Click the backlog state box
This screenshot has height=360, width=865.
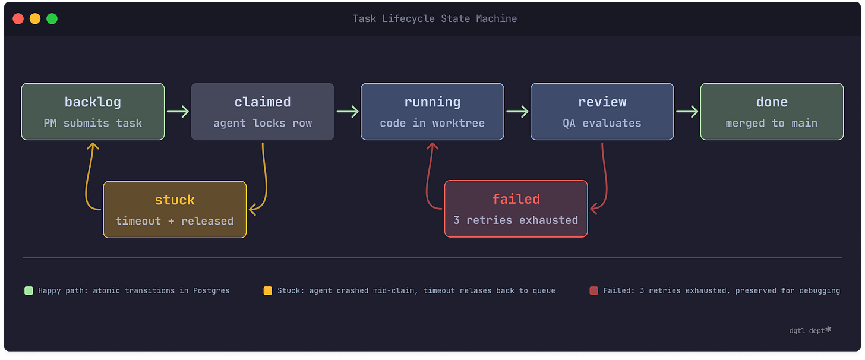pos(93,112)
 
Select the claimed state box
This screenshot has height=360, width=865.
pos(263,112)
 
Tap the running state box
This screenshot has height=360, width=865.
pos(432,112)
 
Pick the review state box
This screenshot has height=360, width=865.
pos(602,112)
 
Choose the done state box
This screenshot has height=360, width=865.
pos(772,112)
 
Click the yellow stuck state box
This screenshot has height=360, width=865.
pos(175,209)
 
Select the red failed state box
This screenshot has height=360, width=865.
pos(516,209)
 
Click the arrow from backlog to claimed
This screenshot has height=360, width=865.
pos(178,112)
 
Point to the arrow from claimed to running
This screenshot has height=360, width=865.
pos(348,112)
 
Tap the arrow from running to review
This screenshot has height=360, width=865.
pos(517,112)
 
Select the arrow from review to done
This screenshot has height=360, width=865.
pos(687,112)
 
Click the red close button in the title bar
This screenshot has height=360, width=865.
pos(18,18)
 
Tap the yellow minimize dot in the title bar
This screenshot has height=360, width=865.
pos(35,18)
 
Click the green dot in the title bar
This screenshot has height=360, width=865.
pos(52,18)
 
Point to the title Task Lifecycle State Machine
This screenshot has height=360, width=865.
pos(435,18)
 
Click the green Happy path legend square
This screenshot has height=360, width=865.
pos(29,290)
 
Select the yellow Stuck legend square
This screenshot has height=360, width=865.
pos(267,290)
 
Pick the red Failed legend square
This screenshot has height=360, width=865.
pos(593,290)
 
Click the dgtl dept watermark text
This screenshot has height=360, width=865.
pos(807,330)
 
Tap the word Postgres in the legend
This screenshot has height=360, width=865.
pos(210,290)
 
